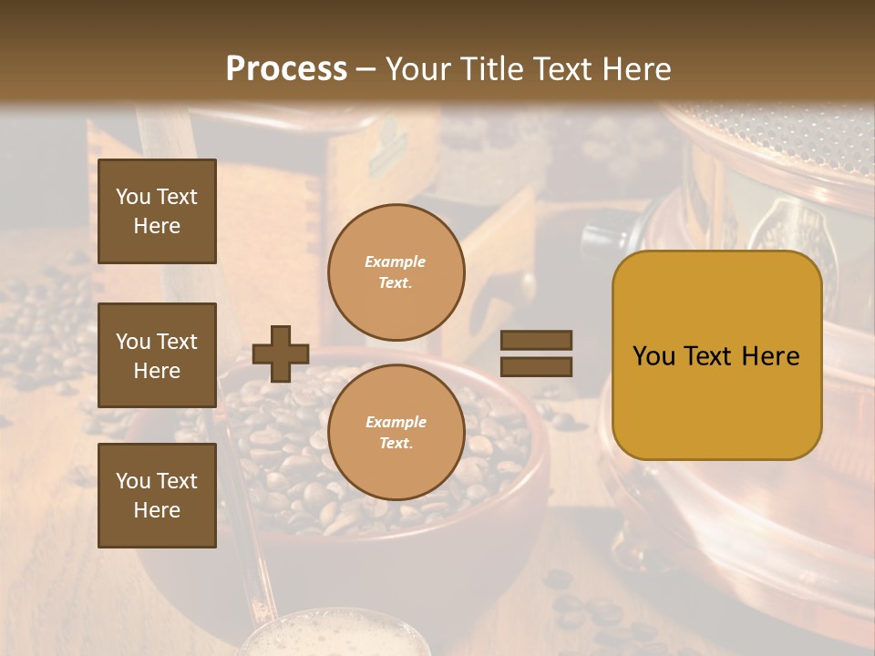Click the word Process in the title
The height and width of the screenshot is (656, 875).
pos(286,69)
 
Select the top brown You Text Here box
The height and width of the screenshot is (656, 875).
pos(157,211)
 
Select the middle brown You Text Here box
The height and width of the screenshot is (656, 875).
pos(157,355)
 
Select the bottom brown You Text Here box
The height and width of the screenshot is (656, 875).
pos(157,496)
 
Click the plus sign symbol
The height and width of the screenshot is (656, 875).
pos(280,354)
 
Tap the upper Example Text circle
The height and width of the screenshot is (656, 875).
pos(396,272)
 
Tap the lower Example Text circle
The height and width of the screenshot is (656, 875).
pos(396,433)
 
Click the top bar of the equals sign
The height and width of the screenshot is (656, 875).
pos(536,341)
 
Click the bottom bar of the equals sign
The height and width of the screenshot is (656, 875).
pos(536,366)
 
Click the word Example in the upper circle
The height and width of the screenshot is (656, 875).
pos(396,262)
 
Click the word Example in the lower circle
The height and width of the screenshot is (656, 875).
pos(396,423)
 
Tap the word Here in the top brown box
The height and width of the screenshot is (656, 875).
pos(157,226)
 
